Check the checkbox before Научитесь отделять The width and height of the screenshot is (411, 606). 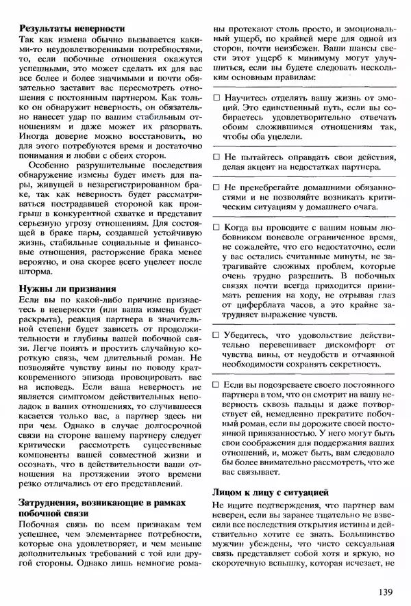point(216,98)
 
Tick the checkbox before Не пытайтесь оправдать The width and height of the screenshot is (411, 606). point(216,157)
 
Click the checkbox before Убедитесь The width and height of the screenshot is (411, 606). point(216,336)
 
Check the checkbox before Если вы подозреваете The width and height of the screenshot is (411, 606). point(216,386)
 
